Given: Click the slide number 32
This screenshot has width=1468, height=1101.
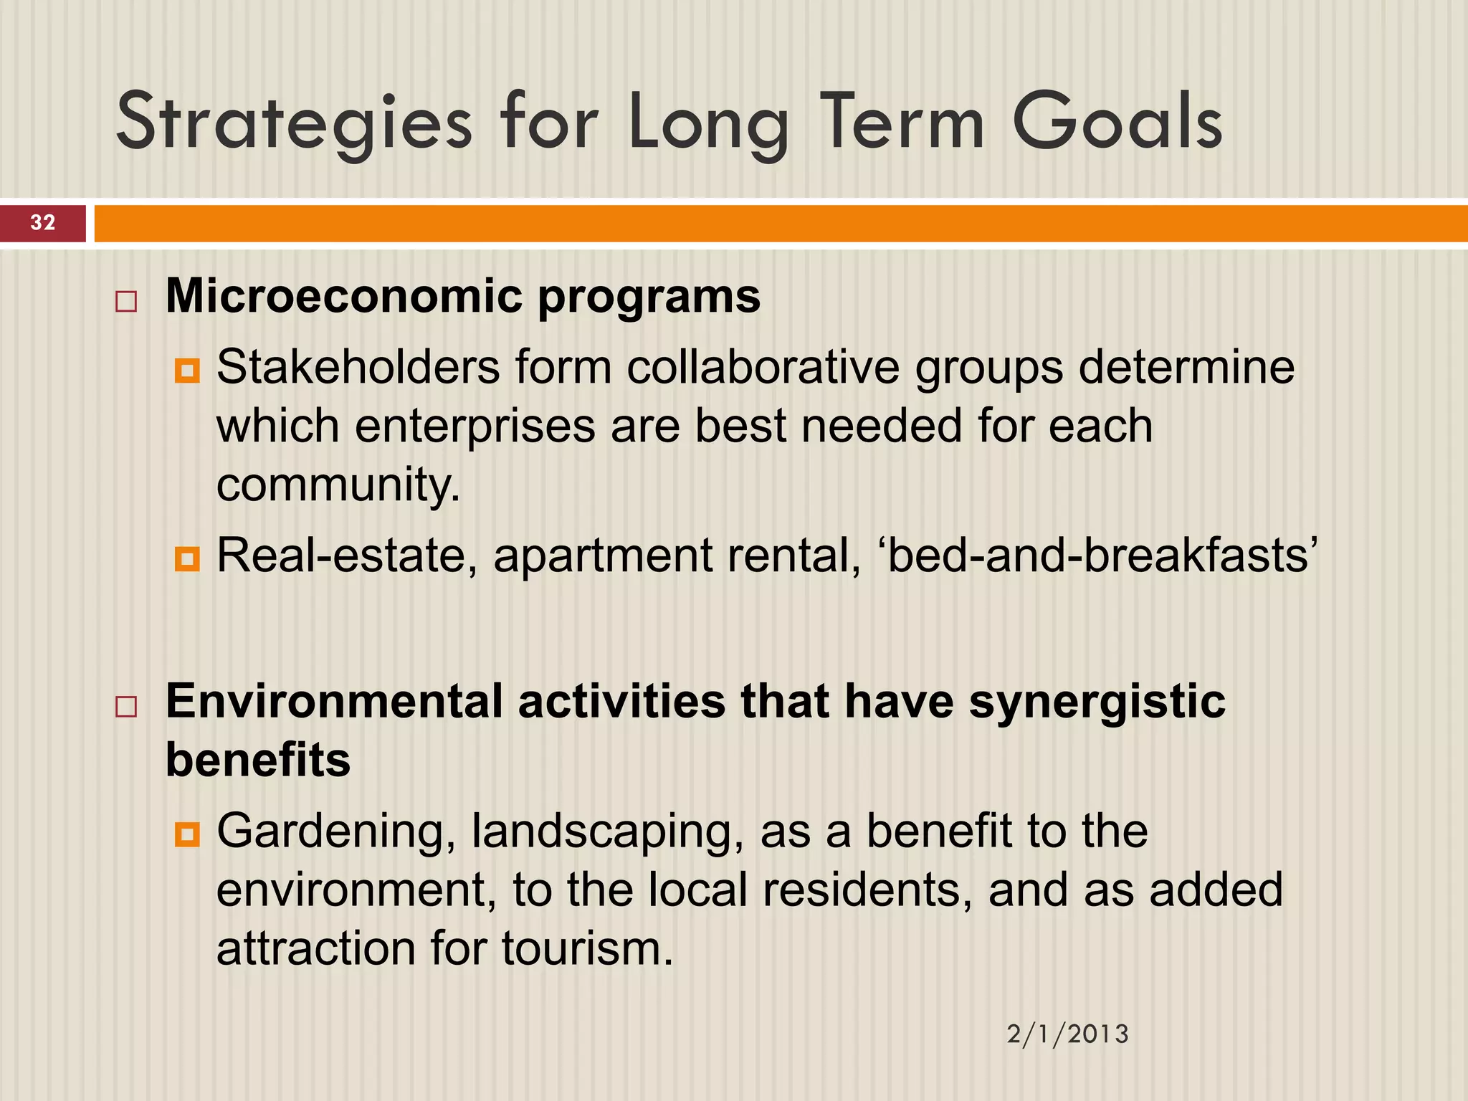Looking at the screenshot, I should coord(43,222).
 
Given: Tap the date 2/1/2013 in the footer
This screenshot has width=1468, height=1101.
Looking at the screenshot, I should coord(1067,1034).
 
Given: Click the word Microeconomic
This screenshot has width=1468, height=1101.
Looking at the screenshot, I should coord(344,296).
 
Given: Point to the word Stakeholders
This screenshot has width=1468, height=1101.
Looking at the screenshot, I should coord(358,368).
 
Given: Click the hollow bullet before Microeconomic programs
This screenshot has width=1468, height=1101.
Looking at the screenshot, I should coord(126,301).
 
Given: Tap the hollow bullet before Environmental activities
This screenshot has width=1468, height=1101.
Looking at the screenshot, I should coord(126,706).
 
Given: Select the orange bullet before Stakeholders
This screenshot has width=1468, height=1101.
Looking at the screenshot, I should coord(187,371).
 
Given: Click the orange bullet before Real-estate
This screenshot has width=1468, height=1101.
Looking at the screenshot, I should coord(187,558).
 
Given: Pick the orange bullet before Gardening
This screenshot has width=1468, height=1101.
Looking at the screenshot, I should coord(187,834).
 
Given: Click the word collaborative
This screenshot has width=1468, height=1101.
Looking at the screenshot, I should coord(763,368).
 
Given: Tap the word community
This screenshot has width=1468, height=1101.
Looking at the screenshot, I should coord(337,485).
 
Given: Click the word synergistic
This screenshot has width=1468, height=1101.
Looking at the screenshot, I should coord(1097,702).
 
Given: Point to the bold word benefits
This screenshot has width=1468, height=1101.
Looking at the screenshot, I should coord(258,760).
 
